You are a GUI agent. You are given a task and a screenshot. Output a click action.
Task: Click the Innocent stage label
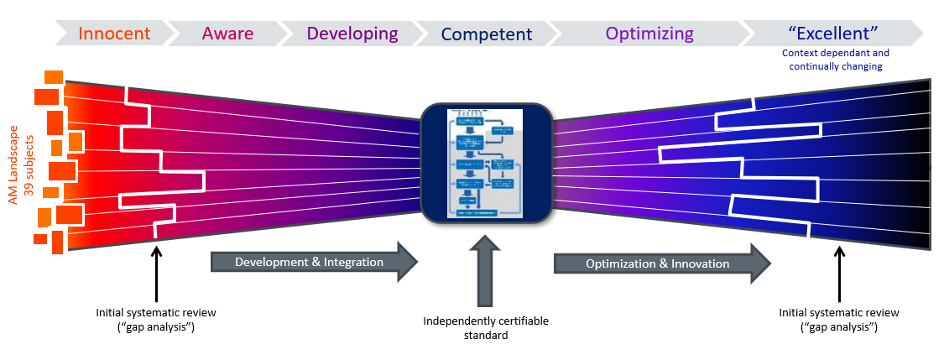coord(114,34)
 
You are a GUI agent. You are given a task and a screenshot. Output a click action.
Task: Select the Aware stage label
coord(227,34)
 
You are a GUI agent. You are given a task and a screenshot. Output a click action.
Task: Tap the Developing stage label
coord(352,34)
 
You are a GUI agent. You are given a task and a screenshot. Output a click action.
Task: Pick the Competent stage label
coord(486,34)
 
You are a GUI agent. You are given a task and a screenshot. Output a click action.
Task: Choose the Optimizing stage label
coord(649,34)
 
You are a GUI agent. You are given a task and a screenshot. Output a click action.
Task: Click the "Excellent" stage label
coord(833,34)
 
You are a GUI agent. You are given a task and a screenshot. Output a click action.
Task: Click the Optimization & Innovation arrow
coord(660,263)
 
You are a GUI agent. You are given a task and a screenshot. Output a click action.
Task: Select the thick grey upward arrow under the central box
coord(486,269)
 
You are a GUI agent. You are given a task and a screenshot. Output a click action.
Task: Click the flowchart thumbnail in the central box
coord(485,163)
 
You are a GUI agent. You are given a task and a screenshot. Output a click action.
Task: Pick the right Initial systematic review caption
coord(839,320)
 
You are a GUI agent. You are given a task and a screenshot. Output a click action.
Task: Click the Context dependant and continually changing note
coord(835,60)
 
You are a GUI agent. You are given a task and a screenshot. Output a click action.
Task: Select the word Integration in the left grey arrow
coord(351,263)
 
